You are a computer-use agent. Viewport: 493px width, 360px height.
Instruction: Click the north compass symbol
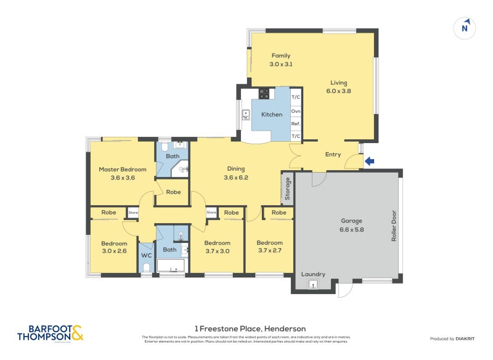(466, 28)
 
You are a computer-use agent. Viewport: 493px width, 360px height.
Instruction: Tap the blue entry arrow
(369, 162)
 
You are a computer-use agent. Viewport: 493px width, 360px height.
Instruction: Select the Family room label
(280, 60)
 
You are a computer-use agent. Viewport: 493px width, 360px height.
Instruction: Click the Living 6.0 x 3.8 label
(338, 87)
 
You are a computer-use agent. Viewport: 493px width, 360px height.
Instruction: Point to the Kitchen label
(272, 115)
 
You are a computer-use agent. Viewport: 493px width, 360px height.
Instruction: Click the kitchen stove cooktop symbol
(264, 94)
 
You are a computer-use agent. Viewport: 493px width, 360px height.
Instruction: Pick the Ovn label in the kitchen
(296, 111)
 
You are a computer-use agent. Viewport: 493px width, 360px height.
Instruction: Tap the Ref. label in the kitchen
(296, 124)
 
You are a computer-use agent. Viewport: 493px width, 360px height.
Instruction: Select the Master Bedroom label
(123, 173)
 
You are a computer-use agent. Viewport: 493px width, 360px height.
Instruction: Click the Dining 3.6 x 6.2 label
(235, 173)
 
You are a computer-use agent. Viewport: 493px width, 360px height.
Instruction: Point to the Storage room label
(287, 189)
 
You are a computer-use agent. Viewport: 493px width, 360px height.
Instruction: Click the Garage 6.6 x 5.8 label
(352, 225)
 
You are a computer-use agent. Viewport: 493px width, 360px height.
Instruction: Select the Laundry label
(313, 274)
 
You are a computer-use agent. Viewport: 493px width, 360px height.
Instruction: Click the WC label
(146, 255)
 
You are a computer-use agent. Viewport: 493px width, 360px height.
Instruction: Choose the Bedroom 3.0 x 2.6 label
(113, 247)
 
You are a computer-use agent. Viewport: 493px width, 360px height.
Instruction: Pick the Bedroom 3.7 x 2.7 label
(269, 246)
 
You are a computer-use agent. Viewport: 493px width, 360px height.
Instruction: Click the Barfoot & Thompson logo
(50, 333)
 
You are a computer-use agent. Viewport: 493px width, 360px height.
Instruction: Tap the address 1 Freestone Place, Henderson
(250, 329)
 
